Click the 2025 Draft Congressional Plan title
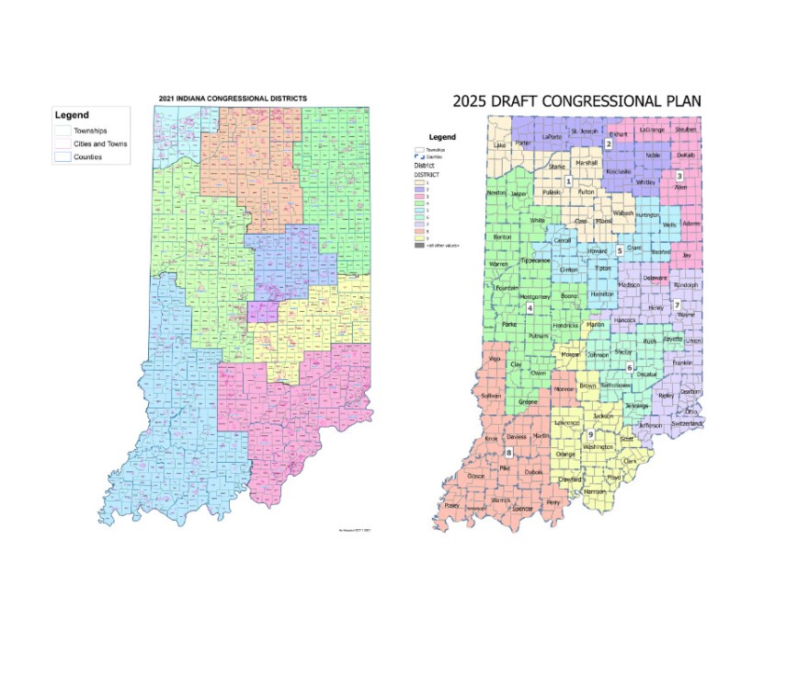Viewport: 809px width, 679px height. [x=575, y=100]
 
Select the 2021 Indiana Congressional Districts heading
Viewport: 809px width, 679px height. [x=233, y=98]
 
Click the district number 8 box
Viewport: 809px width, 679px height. [x=507, y=452]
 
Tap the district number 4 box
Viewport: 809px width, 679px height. [x=530, y=308]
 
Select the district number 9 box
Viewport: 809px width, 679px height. [x=589, y=433]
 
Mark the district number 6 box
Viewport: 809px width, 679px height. [x=630, y=368]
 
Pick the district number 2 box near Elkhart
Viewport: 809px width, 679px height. [x=608, y=144]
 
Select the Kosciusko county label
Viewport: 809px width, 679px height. [x=618, y=171]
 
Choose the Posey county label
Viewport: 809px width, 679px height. [x=451, y=505]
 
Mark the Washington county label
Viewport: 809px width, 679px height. [x=598, y=446]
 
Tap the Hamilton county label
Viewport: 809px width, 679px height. [x=602, y=293]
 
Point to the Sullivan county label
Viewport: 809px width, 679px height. [x=491, y=395]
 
